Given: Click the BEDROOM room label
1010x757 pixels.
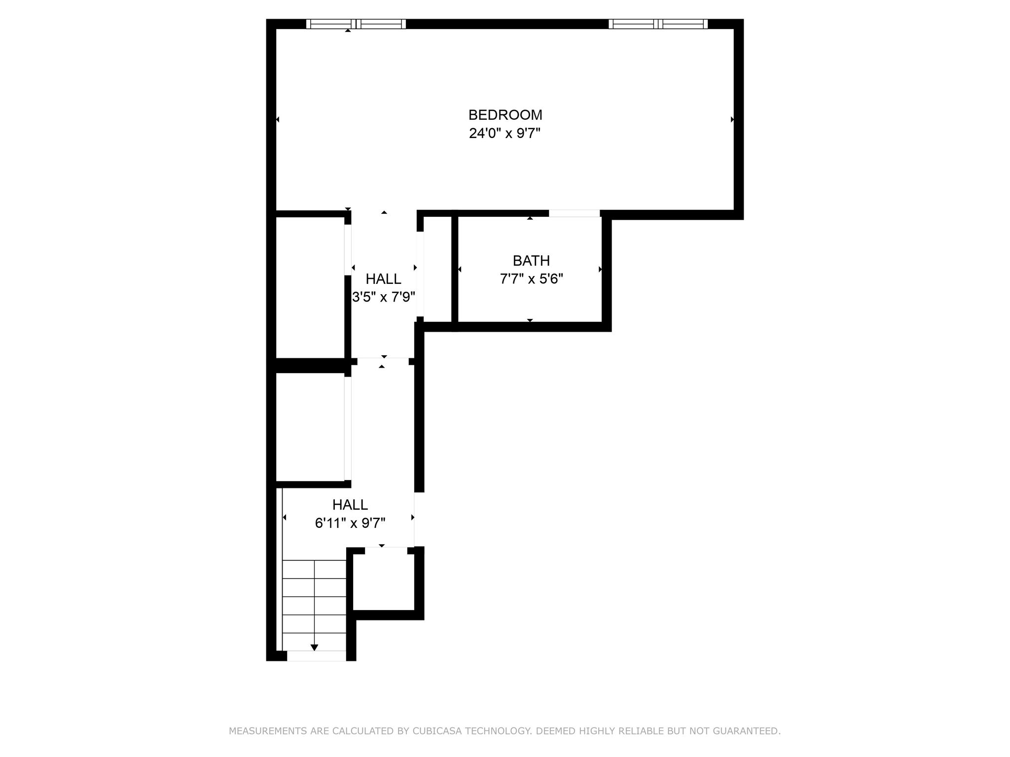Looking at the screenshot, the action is [x=505, y=115].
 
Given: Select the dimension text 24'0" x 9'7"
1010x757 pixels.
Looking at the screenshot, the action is [x=505, y=134].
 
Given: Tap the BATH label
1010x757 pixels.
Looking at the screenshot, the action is [x=531, y=261].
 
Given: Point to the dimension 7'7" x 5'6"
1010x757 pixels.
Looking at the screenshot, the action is [x=531, y=279].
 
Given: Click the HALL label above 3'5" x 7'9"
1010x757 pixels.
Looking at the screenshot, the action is [x=383, y=279].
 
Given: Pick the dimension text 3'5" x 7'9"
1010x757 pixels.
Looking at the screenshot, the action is [x=383, y=298].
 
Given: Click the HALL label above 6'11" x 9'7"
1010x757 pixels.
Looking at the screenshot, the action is [x=350, y=505].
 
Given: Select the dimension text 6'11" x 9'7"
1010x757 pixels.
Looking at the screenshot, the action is [x=350, y=523].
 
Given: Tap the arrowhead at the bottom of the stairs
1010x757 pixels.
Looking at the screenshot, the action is [x=314, y=647].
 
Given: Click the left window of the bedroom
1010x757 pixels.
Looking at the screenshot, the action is [x=356, y=24].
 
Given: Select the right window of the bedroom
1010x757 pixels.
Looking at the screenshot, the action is [x=658, y=24].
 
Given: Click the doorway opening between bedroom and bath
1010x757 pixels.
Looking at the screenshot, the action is [x=575, y=213].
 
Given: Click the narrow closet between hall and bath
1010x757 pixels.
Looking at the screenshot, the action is [x=437, y=269].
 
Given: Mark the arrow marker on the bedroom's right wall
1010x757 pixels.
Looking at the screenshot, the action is [x=732, y=119].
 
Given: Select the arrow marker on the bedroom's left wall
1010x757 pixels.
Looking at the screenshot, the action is [x=278, y=119].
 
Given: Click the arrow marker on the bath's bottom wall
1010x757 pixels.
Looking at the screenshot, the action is [x=530, y=320].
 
